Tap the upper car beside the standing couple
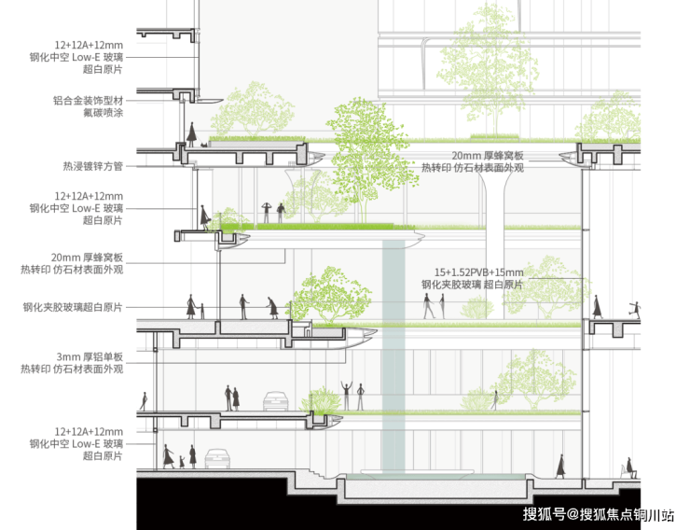(274, 400)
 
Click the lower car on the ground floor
(217, 458)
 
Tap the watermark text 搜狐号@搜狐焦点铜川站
(598, 514)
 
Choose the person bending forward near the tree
(271, 306)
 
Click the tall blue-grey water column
(394, 355)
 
